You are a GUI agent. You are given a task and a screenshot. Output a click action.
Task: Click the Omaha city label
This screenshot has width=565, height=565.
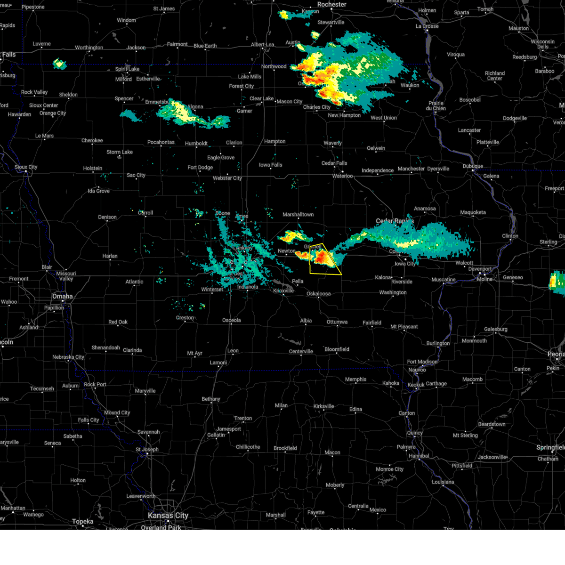(63, 296)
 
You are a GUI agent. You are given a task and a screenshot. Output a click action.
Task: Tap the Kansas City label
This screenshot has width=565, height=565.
(168, 516)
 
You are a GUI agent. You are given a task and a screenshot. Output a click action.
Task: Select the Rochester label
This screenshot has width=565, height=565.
(331, 4)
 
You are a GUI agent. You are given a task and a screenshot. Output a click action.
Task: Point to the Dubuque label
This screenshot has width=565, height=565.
(473, 166)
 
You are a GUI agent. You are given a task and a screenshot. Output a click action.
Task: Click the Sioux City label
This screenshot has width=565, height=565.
(26, 167)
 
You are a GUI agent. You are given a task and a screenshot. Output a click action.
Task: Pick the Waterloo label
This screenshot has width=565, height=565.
(342, 176)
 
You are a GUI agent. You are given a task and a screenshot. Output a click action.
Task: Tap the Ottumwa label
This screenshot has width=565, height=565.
(337, 322)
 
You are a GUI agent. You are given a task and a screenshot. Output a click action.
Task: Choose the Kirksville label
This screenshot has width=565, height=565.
(323, 406)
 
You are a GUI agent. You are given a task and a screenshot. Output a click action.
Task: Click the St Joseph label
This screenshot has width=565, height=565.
(147, 449)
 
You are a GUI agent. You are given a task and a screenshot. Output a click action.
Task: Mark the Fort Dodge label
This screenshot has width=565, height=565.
(200, 168)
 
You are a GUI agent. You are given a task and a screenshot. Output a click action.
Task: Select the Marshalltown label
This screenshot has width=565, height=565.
(298, 215)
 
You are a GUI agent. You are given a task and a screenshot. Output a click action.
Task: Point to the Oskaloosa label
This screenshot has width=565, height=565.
(319, 294)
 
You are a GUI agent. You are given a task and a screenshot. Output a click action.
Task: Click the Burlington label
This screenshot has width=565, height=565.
(438, 343)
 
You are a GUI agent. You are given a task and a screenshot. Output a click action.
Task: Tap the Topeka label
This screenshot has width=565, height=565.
(83, 521)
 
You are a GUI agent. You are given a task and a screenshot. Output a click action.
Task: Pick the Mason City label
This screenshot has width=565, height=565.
(290, 101)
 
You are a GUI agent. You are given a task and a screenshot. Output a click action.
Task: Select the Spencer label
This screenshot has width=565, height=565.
(124, 99)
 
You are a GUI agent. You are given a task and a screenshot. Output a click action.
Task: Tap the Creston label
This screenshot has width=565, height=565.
(185, 318)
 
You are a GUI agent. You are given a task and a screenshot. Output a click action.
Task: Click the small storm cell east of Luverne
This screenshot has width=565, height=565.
(59, 64)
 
